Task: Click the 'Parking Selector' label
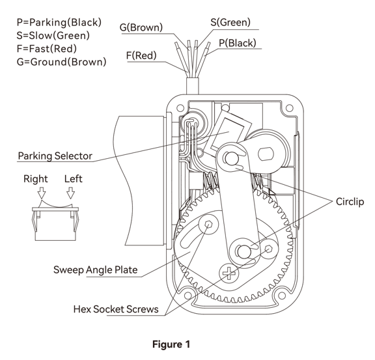(55, 156)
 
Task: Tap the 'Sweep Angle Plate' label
(96, 270)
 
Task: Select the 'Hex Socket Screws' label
(116, 309)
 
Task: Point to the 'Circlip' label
(350, 202)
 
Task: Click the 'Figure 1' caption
(171, 344)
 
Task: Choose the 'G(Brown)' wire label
(141, 27)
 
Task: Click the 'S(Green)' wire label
(230, 22)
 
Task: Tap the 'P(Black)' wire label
(238, 43)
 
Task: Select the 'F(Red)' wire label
(141, 55)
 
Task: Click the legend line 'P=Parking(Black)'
(59, 22)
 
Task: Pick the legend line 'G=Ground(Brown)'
(61, 62)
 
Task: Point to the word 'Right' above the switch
(36, 178)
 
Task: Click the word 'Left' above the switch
(73, 178)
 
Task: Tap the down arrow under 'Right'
(42, 193)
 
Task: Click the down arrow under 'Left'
(70, 193)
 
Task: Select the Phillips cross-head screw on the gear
(229, 273)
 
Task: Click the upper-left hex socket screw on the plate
(208, 225)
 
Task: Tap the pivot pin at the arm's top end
(232, 158)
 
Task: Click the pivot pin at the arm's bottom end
(243, 252)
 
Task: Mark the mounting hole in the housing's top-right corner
(289, 108)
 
